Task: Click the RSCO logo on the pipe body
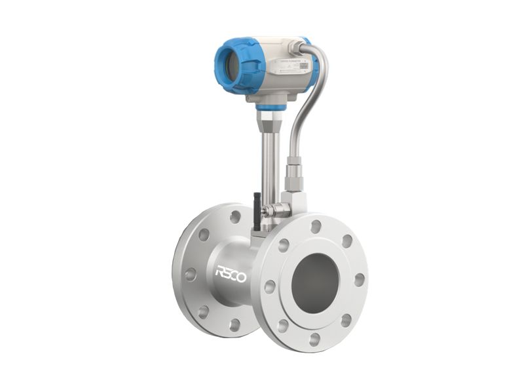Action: pos(231,274)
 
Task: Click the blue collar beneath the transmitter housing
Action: pos(270,106)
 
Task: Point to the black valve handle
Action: pos(257,210)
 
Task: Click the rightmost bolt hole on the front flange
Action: pos(359,280)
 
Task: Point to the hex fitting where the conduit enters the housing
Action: pos(299,47)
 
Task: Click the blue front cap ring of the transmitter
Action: pos(226,66)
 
